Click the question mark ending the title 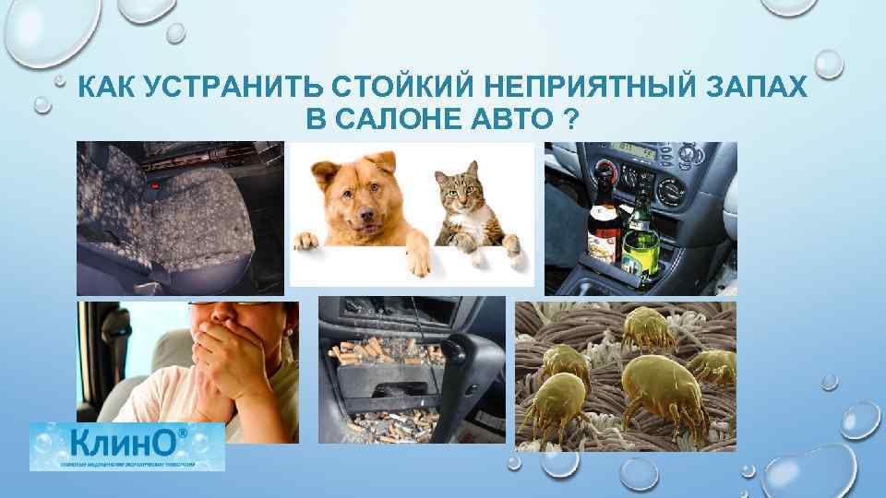(565, 120)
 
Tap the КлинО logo (126, 446)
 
